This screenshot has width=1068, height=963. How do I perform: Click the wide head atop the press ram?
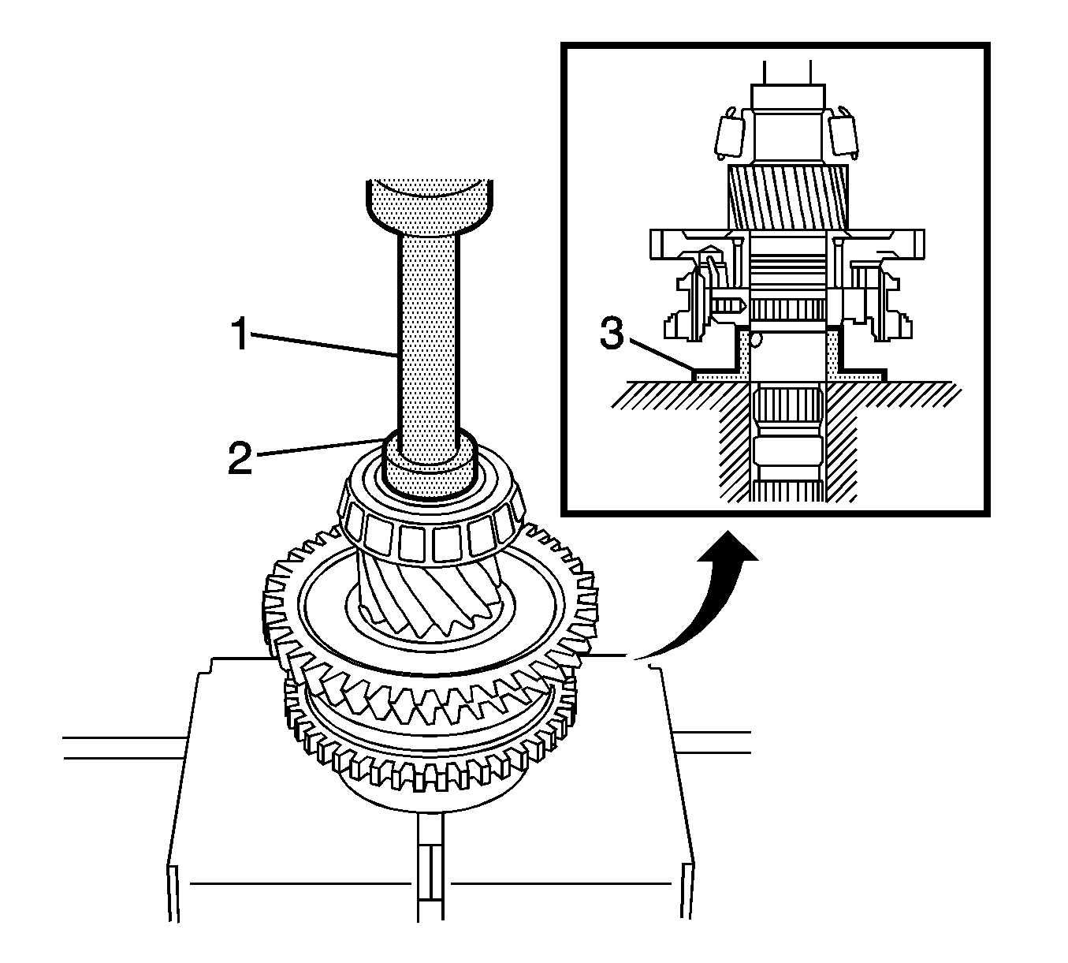pos(430,203)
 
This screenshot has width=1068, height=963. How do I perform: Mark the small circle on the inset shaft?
pos(757,340)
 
